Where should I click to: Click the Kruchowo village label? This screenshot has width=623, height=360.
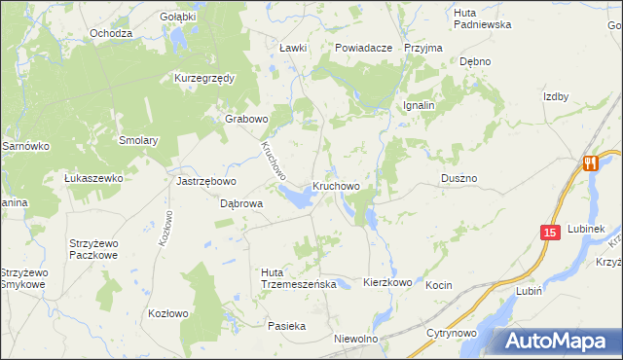pos(337,185)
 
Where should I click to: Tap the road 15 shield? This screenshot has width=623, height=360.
pos(550,233)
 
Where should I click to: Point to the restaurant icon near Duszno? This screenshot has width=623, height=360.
pos(590,163)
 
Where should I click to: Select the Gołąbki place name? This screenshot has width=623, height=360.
pos(178,17)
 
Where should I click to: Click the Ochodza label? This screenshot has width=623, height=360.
pos(110,33)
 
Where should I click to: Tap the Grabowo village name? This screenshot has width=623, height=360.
pos(246,119)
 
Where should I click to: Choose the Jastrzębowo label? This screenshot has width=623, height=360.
pos(203,181)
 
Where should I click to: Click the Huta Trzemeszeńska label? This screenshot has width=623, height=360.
pos(299,277)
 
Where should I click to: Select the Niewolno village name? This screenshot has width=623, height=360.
pos(354,339)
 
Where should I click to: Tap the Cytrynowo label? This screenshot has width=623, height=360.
pos(450,333)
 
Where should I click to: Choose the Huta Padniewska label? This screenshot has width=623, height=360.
pos(482,18)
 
